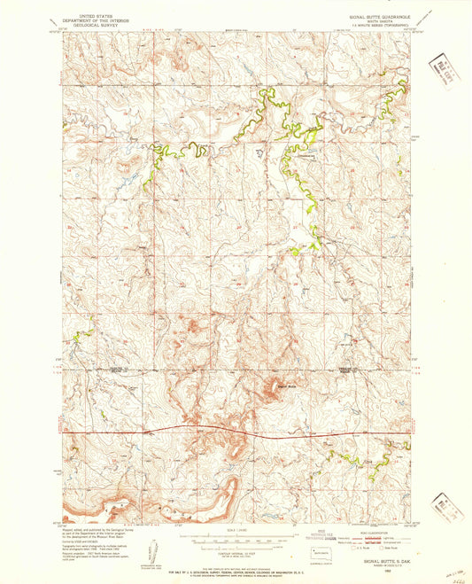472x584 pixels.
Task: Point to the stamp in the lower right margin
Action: (443, 508)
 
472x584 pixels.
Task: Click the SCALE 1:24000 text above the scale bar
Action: (236, 531)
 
